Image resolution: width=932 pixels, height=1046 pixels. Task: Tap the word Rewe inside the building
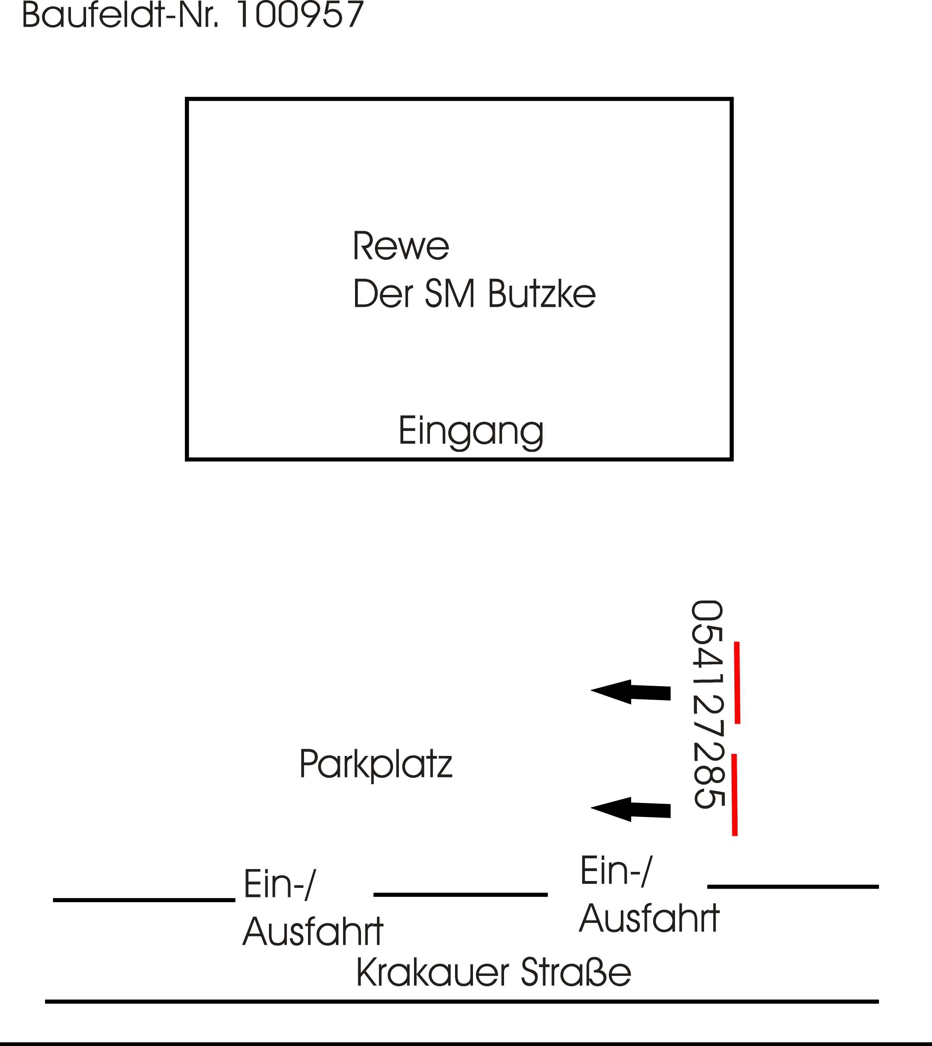tap(400, 246)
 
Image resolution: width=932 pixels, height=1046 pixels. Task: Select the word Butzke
tap(542, 294)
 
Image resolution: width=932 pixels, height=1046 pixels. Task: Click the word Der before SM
tap(383, 294)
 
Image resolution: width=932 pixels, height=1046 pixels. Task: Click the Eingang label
tap(471, 431)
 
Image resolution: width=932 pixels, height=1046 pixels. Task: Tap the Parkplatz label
tap(376, 764)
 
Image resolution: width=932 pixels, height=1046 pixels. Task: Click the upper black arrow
tap(631, 692)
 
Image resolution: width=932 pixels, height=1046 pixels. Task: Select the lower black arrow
tap(631, 809)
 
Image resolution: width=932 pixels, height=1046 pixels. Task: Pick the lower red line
tap(734, 795)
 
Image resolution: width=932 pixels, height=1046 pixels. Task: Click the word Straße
tap(576, 972)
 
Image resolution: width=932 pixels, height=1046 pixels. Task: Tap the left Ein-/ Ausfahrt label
tap(312, 908)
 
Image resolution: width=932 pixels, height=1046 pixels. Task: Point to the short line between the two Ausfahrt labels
tap(460, 895)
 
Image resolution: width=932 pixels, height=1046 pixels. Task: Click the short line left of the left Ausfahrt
tap(144, 900)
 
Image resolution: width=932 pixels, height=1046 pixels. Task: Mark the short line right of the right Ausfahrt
tap(793, 886)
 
